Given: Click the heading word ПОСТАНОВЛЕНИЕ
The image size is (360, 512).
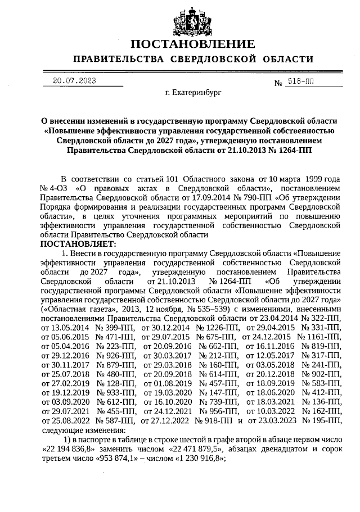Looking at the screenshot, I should pyautogui.click(x=192, y=44).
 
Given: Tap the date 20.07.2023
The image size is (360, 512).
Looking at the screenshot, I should pyautogui.click(x=74, y=81).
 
